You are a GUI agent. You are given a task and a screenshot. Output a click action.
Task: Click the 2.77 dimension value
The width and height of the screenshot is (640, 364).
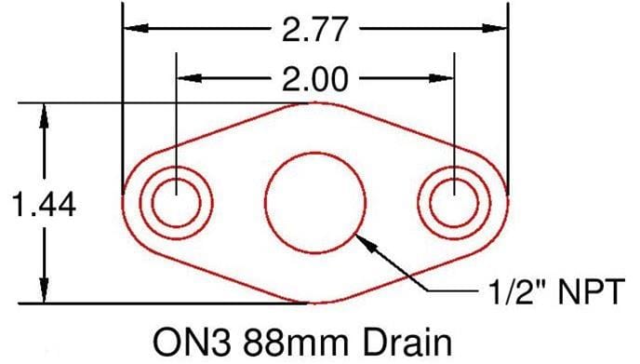pos(316,30)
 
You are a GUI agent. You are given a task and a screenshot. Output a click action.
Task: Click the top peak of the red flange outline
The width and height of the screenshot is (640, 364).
pos(316,102)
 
